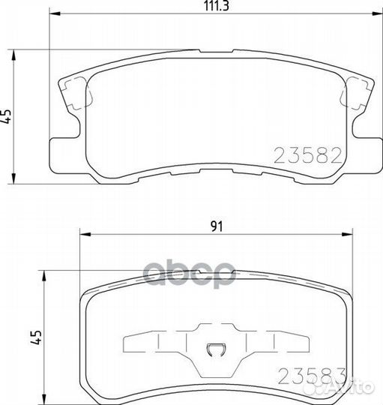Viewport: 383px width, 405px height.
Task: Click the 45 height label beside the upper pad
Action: pos(8,116)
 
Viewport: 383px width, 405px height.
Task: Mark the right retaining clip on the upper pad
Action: pos(352,96)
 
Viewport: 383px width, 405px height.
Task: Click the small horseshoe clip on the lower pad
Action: pos(215,348)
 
